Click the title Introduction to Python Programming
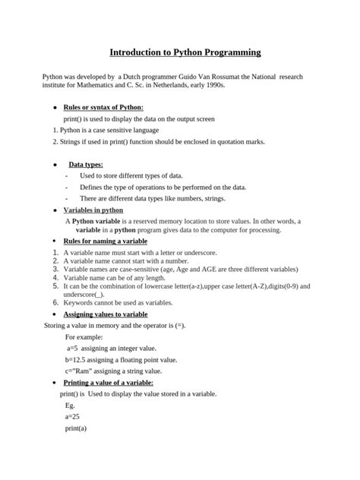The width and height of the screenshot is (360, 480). click(x=185, y=52)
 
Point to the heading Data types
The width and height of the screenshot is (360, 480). click(x=86, y=164)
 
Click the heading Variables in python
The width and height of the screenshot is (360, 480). click(x=93, y=210)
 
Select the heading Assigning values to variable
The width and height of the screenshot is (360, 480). click(x=106, y=314)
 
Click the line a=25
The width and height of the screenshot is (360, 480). click(x=73, y=417)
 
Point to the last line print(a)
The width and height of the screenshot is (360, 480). click(x=77, y=428)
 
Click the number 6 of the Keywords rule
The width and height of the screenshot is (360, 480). click(x=55, y=302)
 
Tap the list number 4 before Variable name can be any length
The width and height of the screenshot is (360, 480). click(x=55, y=277)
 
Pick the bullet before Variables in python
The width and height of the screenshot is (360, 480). click(x=53, y=210)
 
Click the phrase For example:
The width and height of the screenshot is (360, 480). click(x=85, y=336)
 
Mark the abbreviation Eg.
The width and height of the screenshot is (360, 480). click(x=71, y=406)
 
